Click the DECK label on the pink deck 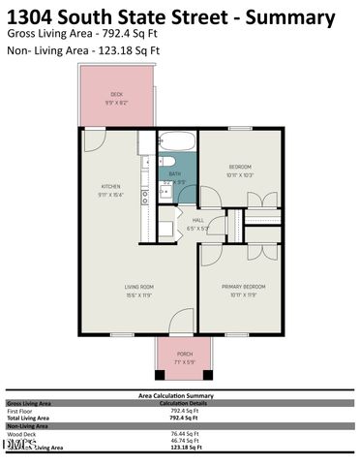coord(116,94)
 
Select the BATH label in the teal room coord(174,173)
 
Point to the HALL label coord(197,220)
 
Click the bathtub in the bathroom coord(176,139)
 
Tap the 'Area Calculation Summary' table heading coord(178,395)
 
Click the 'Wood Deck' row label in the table coord(21,434)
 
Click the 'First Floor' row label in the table coord(21,411)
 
